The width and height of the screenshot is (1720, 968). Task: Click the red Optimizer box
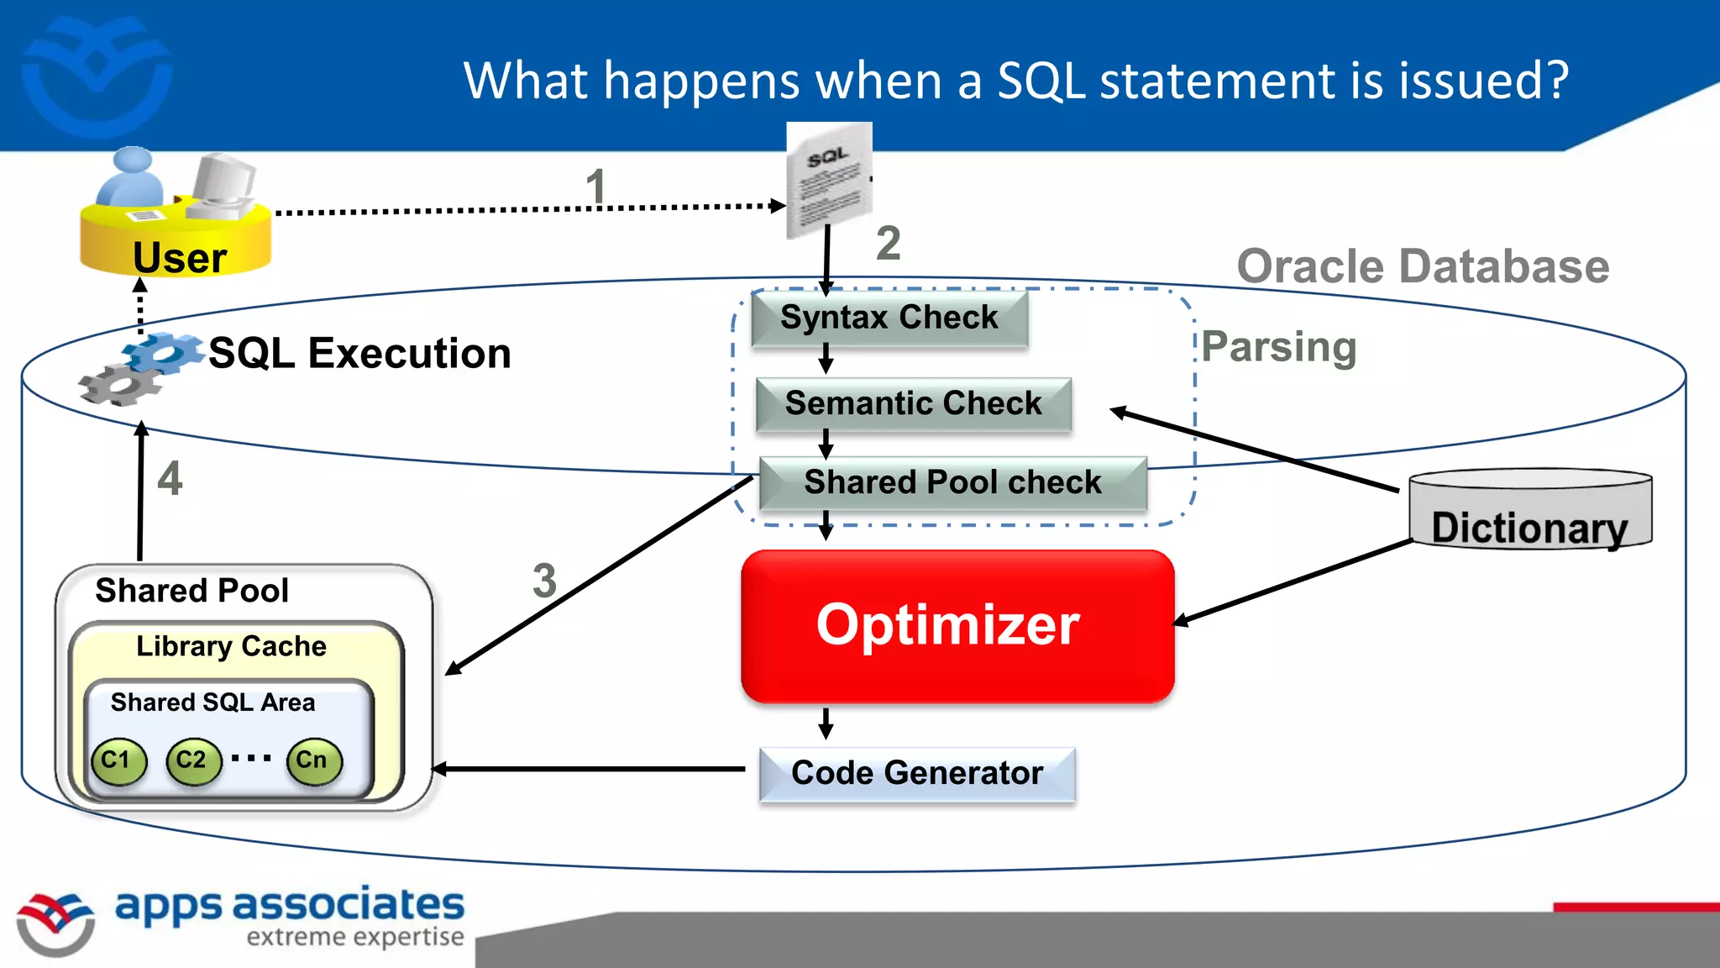[957, 626]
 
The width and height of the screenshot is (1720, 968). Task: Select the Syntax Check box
[889, 318]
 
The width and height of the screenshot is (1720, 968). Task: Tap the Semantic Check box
[913, 404]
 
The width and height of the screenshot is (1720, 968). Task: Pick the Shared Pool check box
[952, 483]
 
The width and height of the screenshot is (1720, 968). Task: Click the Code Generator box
[917, 774]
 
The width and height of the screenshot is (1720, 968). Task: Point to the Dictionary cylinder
[1529, 510]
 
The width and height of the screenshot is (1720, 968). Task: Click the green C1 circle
[118, 761]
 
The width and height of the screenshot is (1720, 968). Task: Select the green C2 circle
[193, 761]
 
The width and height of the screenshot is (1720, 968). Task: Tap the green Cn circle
[314, 761]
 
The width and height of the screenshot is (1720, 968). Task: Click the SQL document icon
[828, 181]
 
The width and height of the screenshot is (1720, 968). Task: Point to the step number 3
[544, 581]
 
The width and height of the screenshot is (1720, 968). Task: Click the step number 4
[170, 479]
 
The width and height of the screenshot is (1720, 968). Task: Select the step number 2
[888, 244]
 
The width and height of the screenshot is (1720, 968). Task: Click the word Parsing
[1278, 347]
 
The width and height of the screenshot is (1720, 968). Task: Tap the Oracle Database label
[1423, 267]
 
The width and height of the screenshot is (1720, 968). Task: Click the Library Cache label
[231, 646]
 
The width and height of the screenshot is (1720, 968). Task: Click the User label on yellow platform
[180, 258]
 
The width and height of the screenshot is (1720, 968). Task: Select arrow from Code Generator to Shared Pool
[588, 769]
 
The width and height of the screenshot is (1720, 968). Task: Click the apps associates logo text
[289, 906]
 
